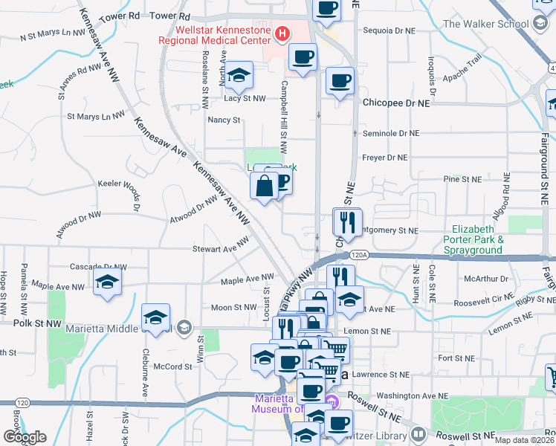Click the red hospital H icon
[282, 33]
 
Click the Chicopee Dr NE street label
[397, 103]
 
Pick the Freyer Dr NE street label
[385, 158]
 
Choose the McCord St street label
[172, 366]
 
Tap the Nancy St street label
[224, 120]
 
